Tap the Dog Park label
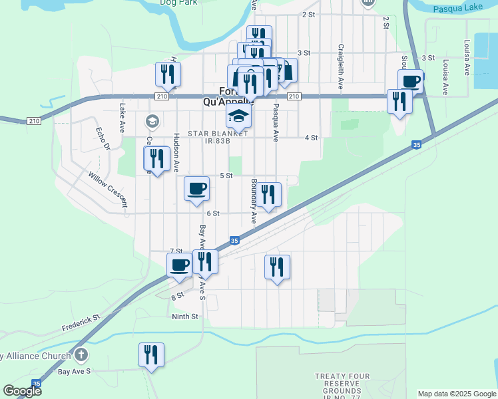(x=179, y=3)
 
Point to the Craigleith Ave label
(x=340, y=67)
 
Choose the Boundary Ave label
(x=254, y=200)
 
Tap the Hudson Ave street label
(x=176, y=154)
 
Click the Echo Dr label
(x=101, y=140)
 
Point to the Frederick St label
(x=81, y=323)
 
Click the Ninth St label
(x=185, y=317)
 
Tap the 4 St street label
(x=311, y=138)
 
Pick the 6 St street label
(x=213, y=213)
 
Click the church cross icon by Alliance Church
(x=81, y=356)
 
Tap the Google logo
(x=21, y=391)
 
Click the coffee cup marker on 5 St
(x=196, y=189)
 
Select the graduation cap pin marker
(x=238, y=116)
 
